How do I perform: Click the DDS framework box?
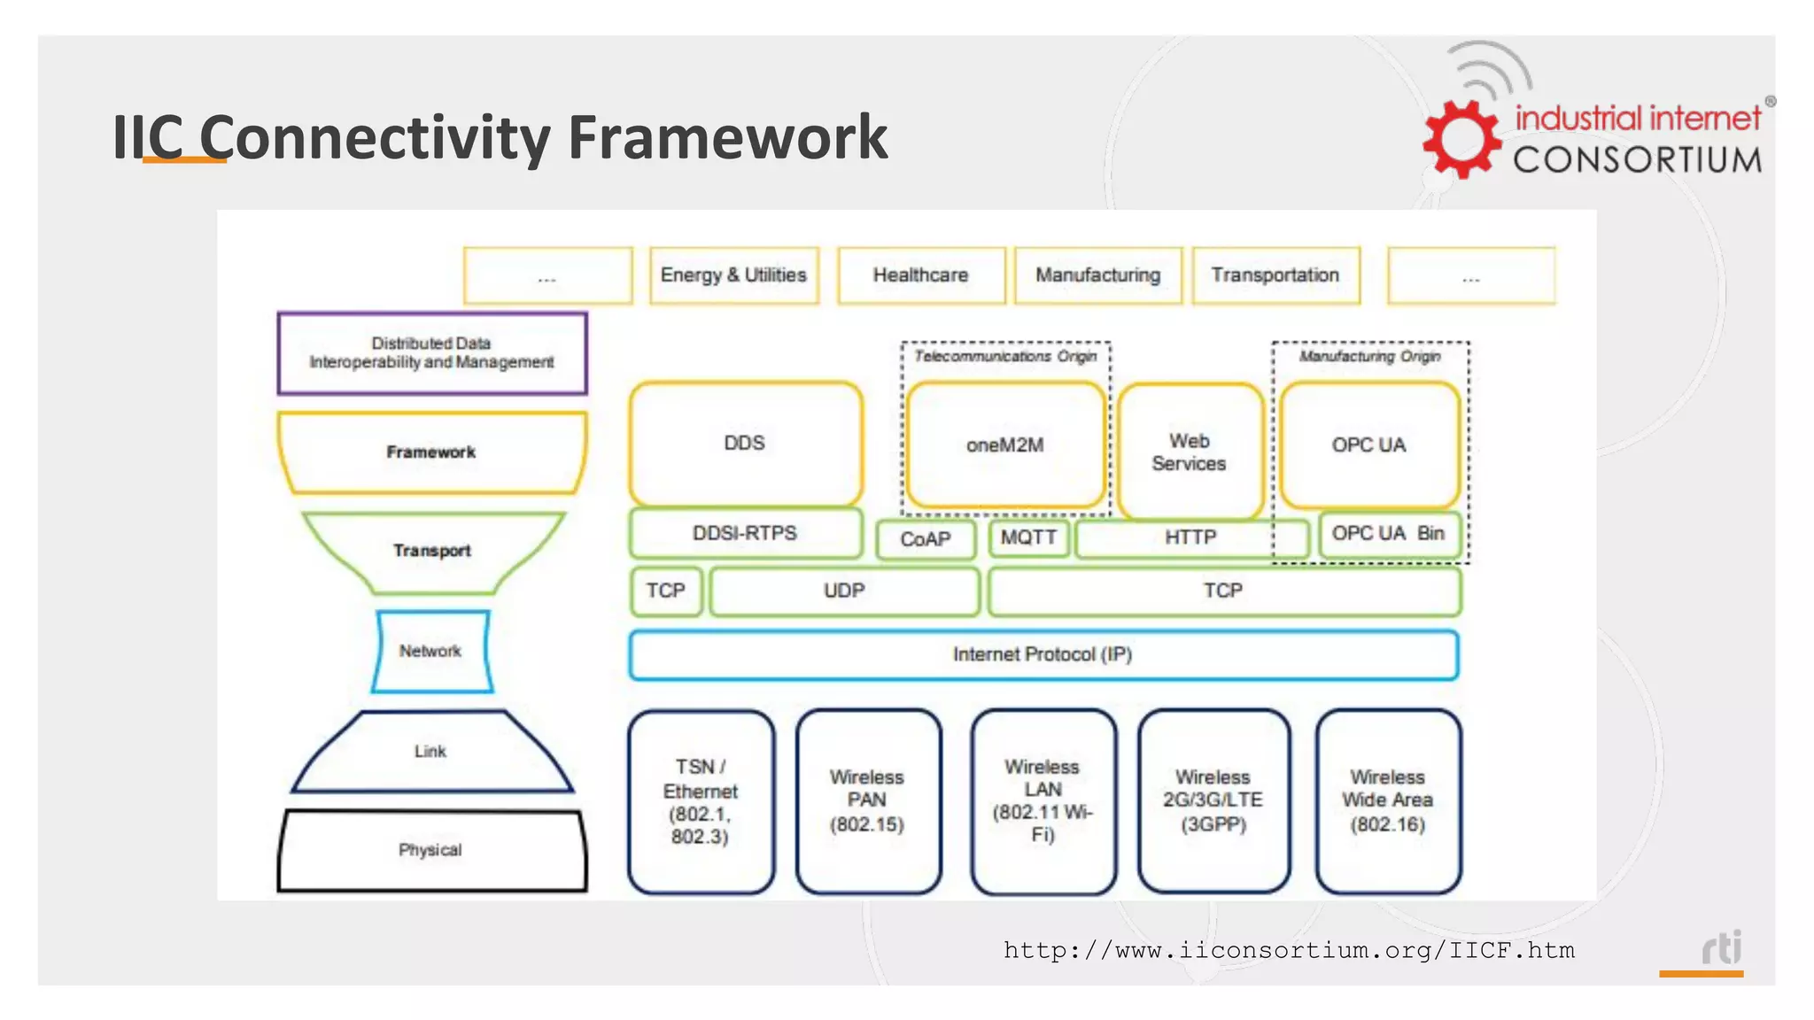point(745,444)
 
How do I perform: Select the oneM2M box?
point(1005,445)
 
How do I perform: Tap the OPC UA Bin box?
point(1388,534)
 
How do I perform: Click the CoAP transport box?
point(926,539)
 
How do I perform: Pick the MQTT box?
point(1028,537)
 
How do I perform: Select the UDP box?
point(844,591)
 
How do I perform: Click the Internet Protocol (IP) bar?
point(1043,654)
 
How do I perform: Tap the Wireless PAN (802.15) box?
point(867,800)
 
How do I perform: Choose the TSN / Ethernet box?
point(700,801)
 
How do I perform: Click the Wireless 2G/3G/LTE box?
point(1213,800)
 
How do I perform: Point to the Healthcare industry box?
point(920,275)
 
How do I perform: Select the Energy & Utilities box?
point(733,275)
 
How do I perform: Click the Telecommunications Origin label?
point(1005,356)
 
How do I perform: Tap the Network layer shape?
point(431,651)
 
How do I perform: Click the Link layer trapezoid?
point(431,752)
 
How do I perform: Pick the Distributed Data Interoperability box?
point(431,352)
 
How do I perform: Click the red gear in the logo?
point(1461,139)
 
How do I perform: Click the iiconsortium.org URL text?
point(1289,951)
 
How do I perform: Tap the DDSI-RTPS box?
point(745,533)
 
